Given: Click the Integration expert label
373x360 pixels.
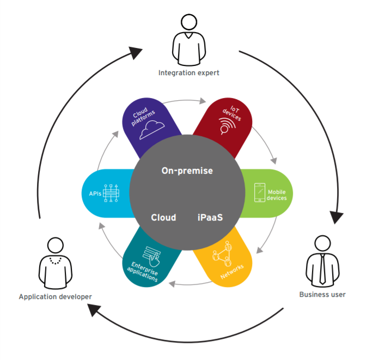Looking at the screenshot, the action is pyautogui.click(x=188, y=73).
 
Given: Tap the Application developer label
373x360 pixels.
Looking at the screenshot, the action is pyautogui.click(x=55, y=297).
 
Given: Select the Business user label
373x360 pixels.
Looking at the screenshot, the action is pyautogui.click(x=322, y=295).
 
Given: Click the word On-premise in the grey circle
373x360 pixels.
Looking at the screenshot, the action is pyautogui.click(x=187, y=170).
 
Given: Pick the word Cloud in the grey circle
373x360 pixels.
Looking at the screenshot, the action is pyautogui.click(x=163, y=217).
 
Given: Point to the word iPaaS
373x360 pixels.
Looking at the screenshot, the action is pyautogui.click(x=210, y=217).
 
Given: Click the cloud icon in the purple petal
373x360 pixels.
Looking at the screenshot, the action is pyautogui.click(x=151, y=130).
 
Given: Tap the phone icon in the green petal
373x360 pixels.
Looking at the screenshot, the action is pyautogui.click(x=260, y=192).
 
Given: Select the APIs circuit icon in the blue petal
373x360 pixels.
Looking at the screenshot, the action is pyautogui.click(x=111, y=193).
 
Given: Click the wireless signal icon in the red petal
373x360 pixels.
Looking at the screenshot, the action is pyautogui.click(x=227, y=126).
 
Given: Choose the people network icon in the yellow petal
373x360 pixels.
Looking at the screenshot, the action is pyautogui.click(x=222, y=254).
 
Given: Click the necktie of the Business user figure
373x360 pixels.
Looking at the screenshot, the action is pyautogui.click(x=322, y=269).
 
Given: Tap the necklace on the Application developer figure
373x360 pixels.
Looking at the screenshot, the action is pyautogui.click(x=56, y=261).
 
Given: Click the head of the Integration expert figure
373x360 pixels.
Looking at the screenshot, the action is pyautogui.click(x=189, y=22).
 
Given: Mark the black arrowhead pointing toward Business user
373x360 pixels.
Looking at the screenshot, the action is pyautogui.click(x=336, y=217).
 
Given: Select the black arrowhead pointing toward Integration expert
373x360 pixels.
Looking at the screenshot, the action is pyautogui.click(x=135, y=52).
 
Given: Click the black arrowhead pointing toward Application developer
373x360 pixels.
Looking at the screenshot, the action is pyautogui.click(x=94, y=310).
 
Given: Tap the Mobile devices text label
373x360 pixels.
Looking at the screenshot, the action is pyautogui.click(x=277, y=195).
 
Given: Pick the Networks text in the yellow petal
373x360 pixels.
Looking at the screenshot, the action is pyautogui.click(x=232, y=271).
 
